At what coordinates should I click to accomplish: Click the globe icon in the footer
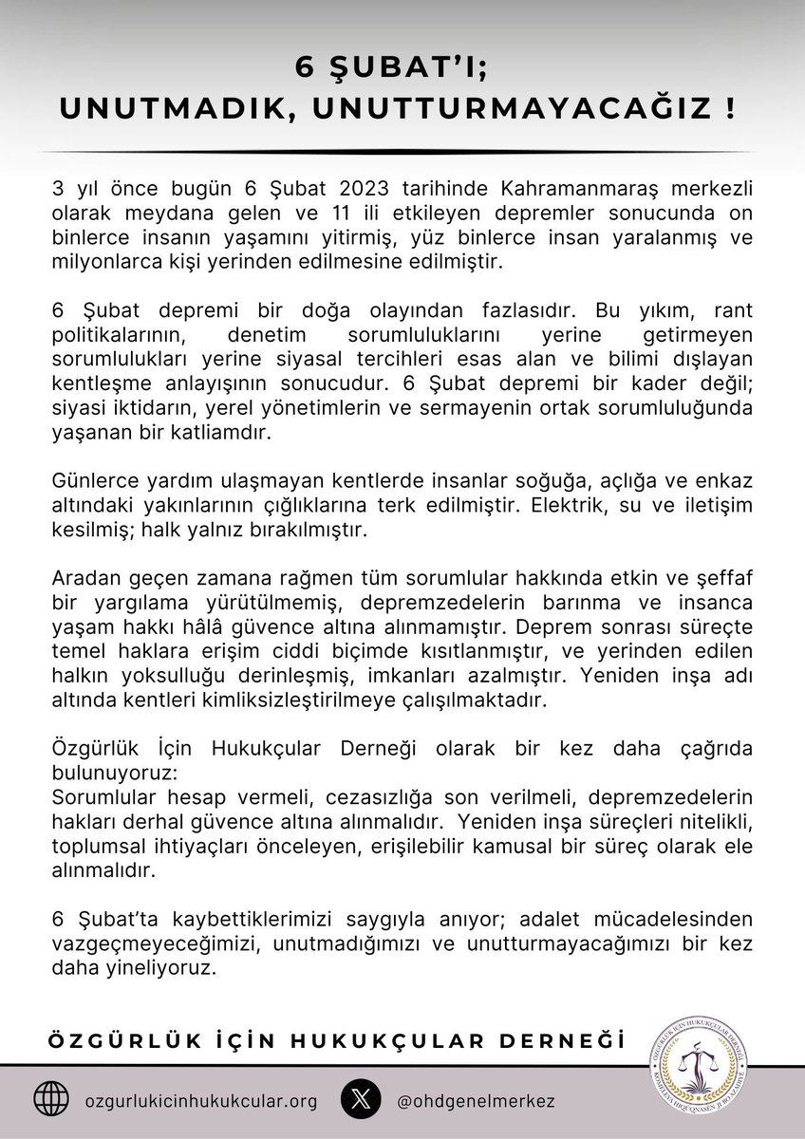click(51, 1101)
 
